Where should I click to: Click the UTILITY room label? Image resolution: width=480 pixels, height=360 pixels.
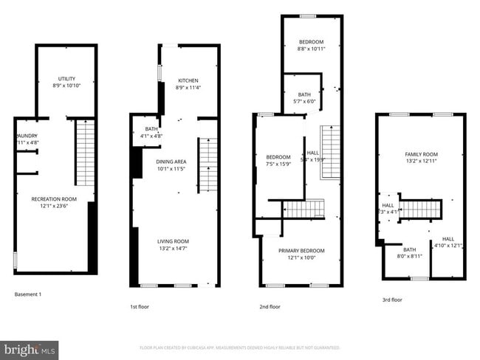pyautogui.click(x=66, y=79)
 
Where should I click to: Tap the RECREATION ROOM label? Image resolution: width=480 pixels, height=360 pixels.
pyautogui.click(x=54, y=199)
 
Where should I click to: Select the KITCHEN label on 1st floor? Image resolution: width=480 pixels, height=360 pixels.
pyautogui.click(x=188, y=80)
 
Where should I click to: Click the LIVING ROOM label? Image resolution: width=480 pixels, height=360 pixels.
pyautogui.click(x=173, y=241)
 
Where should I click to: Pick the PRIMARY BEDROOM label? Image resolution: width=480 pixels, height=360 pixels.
pyautogui.click(x=301, y=251)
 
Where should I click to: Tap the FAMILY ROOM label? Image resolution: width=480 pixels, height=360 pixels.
pyautogui.click(x=422, y=153)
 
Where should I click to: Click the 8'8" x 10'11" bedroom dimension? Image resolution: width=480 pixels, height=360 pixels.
pyautogui.click(x=311, y=49)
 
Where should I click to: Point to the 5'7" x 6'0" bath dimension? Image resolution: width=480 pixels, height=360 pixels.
pyautogui.click(x=304, y=102)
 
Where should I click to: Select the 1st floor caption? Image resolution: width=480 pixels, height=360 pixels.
pyautogui.click(x=140, y=306)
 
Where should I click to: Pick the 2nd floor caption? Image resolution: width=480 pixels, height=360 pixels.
pyautogui.click(x=270, y=306)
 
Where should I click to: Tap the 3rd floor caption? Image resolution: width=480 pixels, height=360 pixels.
pyautogui.click(x=392, y=300)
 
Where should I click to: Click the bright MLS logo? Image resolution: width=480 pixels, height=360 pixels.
pyautogui.click(x=30, y=348)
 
